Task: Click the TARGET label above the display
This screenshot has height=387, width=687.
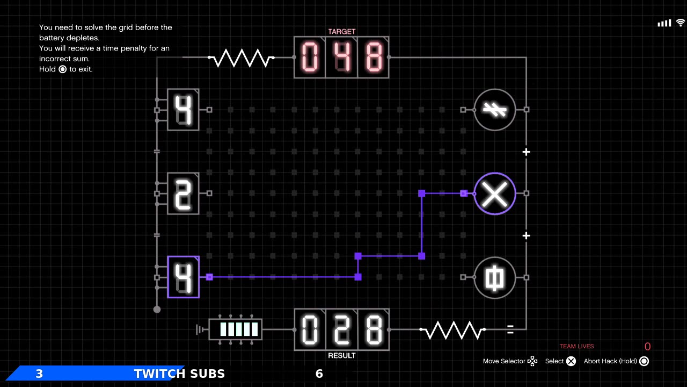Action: pos(341,32)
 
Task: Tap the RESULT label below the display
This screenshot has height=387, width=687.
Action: pos(341,355)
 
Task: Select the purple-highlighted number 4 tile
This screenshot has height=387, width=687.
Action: pos(184,277)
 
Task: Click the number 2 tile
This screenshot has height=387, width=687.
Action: pos(184,193)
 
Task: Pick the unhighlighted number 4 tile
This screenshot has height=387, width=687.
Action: pos(184,110)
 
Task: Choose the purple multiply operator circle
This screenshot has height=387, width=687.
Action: pos(494,193)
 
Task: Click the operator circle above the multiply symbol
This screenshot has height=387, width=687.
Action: pos(494,110)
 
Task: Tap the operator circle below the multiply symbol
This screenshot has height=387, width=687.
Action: pos(494,277)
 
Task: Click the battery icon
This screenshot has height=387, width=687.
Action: pos(235,329)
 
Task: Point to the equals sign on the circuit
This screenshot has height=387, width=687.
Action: pos(510,329)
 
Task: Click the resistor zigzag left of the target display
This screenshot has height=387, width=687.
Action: pos(242,58)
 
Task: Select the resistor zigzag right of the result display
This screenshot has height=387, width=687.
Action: pos(452,329)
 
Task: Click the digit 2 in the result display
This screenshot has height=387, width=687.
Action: pos(341,329)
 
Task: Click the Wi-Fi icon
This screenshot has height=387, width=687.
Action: pos(681,23)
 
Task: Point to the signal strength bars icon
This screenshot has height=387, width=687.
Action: pos(664,23)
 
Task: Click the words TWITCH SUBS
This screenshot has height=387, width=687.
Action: pos(179,374)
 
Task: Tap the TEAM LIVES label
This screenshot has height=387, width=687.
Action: pos(576,346)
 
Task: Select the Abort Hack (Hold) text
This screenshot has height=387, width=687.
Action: pos(610,361)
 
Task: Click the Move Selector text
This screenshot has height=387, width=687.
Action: pos(504,361)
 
